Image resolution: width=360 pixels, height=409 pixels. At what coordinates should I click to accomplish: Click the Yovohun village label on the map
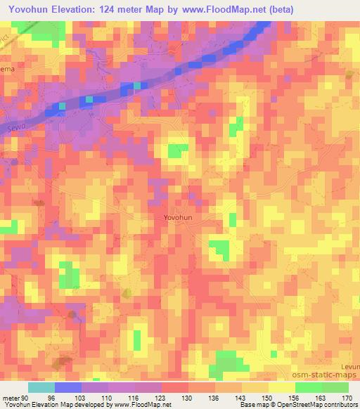pyautogui.click(x=178, y=218)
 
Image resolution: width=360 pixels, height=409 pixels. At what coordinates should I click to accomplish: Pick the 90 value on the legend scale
pyautogui.click(x=27, y=397)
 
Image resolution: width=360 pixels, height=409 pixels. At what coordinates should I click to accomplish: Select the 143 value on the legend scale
pyautogui.click(x=241, y=397)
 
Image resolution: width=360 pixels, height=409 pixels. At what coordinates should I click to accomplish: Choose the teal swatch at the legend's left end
pyautogui.click(x=41, y=387)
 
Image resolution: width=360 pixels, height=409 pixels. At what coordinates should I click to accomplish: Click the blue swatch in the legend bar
pyautogui.click(x=68, y=387)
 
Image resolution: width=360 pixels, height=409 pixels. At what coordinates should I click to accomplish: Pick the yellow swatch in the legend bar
pyautogui.click(x=281, y=387)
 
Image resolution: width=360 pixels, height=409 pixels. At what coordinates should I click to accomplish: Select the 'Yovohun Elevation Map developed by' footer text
pyautogui.click(x=49, y=405)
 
